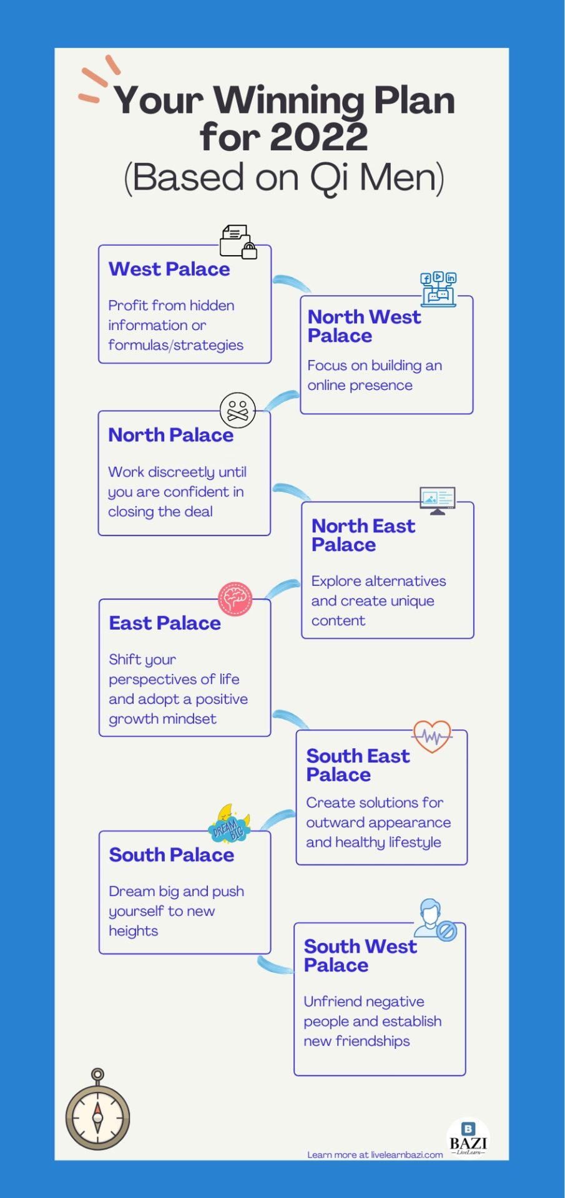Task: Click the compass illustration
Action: point(97,1111)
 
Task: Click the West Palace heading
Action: point(169,269)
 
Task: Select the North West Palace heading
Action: point(364,326)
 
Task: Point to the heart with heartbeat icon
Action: point(432,736)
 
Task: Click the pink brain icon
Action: point(235,598)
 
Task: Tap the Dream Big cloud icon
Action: point(229,824)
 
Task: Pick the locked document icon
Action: point(238,241)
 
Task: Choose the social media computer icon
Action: point(438,289)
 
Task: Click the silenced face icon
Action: point(237,411)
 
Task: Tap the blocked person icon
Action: point(435,919)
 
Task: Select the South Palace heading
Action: point(172,855)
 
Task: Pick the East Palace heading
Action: point(165,623)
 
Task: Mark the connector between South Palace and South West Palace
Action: point(275,965)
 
